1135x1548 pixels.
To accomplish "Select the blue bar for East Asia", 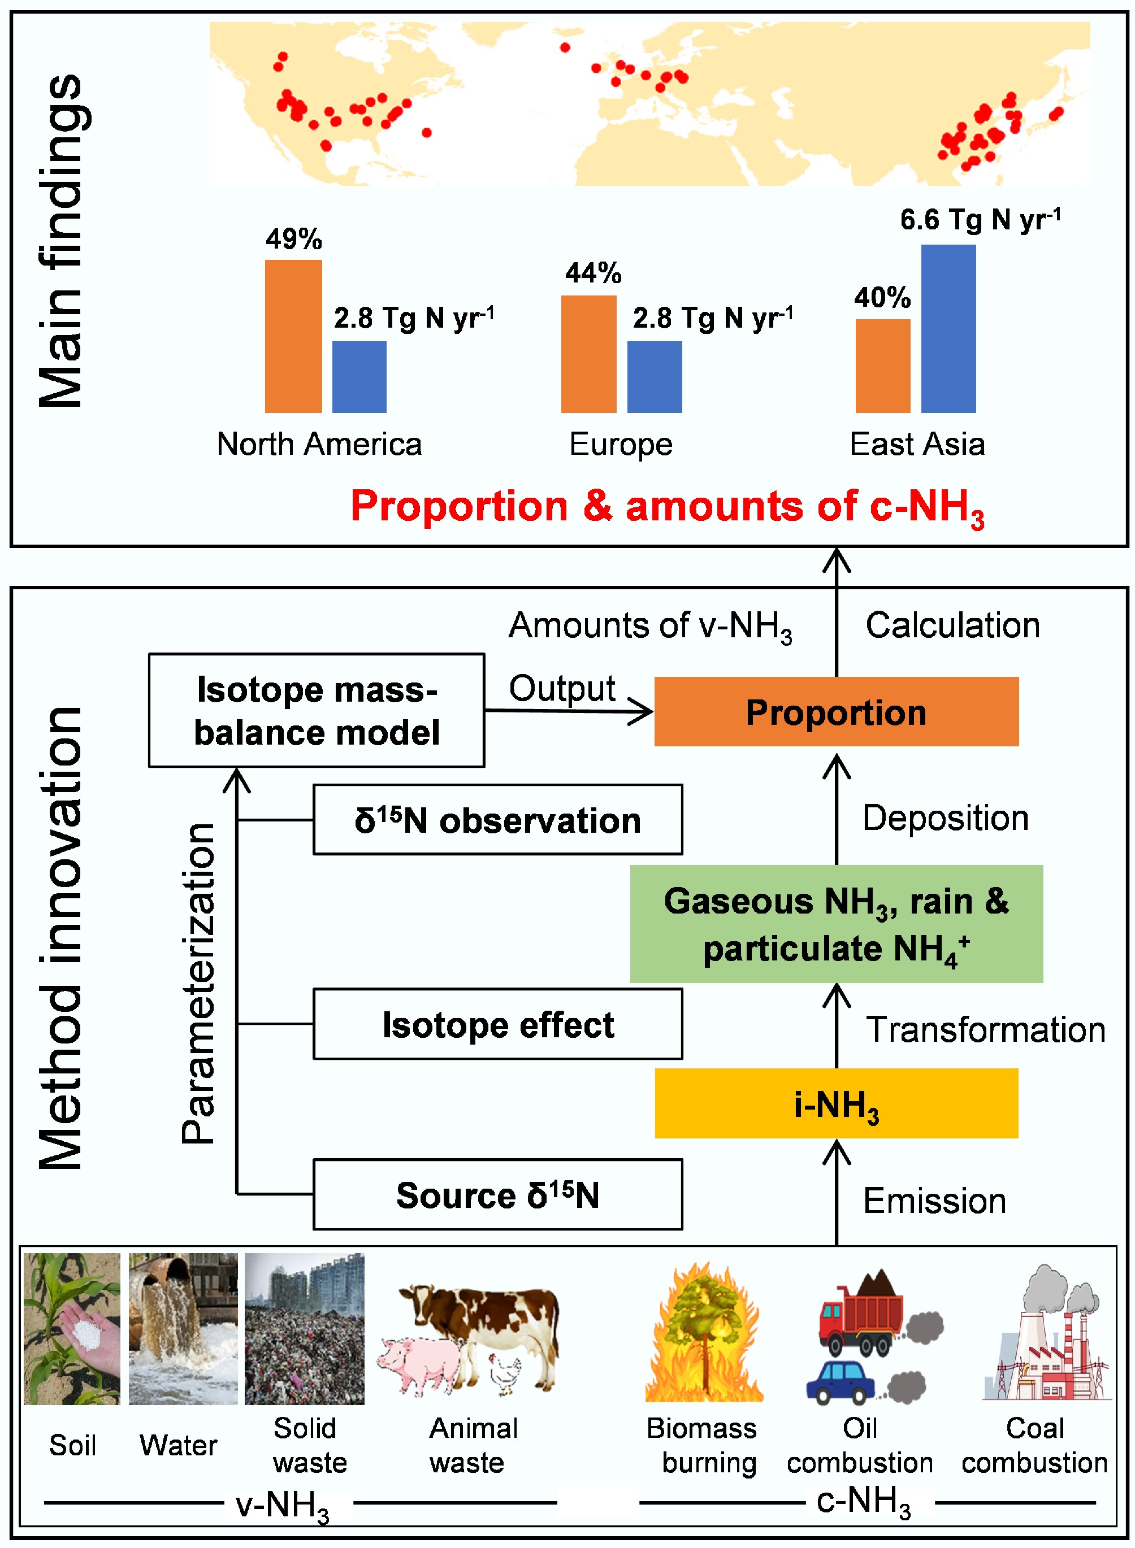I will (948, 328).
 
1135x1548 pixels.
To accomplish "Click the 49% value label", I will (294, 239).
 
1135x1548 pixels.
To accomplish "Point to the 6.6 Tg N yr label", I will (981, 220).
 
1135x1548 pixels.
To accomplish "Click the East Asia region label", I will (917, 443).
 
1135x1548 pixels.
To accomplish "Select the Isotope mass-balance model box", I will (316, 710).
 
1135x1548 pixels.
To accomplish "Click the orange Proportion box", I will (836, 711).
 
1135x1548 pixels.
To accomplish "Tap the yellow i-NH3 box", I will (836, 1103).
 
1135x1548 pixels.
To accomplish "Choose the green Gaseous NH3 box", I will (836, 924).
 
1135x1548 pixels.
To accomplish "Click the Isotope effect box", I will (497, 1024).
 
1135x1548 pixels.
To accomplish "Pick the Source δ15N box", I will (497, 1195).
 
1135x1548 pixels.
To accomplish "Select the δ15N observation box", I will (497, 820).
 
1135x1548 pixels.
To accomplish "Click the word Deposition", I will (946, 818).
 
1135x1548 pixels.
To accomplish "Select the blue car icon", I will (842, 1380).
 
